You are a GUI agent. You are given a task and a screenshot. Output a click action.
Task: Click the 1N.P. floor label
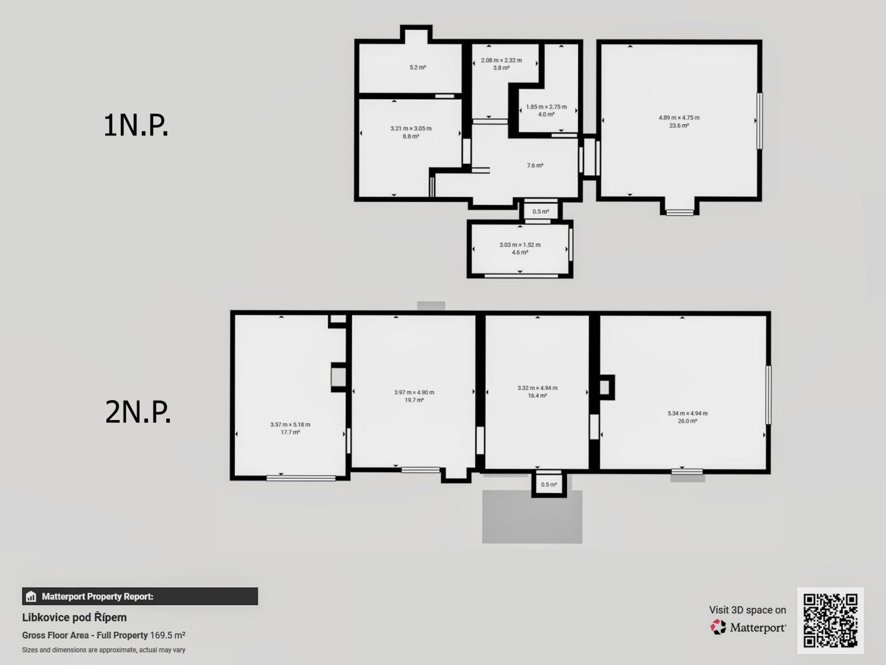[x=136, y=126]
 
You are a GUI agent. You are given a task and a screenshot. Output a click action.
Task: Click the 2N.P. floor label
[x=138, y=412]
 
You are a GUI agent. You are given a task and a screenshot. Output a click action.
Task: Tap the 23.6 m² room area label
[x=679, y=126]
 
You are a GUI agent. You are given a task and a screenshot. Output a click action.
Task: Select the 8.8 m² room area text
[x=410, y=136]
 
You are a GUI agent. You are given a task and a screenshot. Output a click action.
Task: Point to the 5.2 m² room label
[x=418, y=68]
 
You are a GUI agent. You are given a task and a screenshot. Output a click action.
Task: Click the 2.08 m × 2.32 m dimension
[x=501, y=60]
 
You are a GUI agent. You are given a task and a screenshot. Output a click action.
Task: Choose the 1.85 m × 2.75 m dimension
[x=546, y=107]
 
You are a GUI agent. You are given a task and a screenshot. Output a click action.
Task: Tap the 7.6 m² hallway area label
[x=535, y=165]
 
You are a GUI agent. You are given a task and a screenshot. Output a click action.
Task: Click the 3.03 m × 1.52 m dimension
[x=520, y=245]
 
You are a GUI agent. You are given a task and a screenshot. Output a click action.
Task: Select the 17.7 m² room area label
[x=290, y=432]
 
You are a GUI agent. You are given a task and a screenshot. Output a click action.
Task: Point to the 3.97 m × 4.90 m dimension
[x=414, y=392]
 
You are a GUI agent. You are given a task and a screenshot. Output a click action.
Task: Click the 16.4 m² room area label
[x=537, y=396]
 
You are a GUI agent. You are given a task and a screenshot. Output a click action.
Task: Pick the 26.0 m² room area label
[x=687, y=421]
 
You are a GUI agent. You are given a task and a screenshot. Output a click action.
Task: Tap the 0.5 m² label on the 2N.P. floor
[x=549, y=484]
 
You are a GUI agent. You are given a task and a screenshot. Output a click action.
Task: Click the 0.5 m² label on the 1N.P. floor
[x=540, y=212]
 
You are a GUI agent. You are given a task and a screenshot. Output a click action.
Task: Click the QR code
[x=830, y=621]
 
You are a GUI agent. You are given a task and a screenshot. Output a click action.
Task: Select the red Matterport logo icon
[x=718, y=627]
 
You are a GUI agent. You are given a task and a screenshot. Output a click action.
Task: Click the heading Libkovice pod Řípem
[x=74, y=617]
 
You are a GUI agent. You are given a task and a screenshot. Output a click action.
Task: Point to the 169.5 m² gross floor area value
[x=168, y=635]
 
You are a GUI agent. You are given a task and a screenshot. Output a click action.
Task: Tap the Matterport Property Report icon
[x=30, y=596]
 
